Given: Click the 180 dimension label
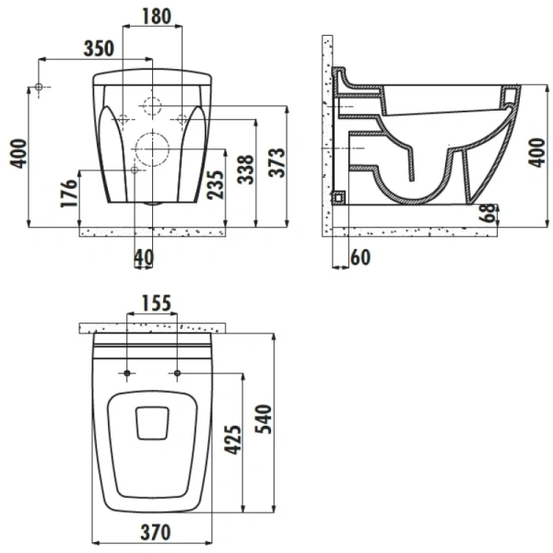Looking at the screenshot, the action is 157,17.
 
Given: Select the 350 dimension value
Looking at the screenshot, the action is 100,49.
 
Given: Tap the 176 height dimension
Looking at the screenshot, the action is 69,194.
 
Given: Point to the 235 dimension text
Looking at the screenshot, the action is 216,185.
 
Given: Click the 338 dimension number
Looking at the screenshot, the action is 245,170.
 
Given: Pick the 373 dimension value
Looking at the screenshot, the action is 276,162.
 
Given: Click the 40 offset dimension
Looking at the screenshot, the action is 144,257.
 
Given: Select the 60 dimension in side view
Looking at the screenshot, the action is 360,257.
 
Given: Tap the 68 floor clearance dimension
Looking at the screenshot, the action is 488,213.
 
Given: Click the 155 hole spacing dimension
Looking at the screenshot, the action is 157,303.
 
